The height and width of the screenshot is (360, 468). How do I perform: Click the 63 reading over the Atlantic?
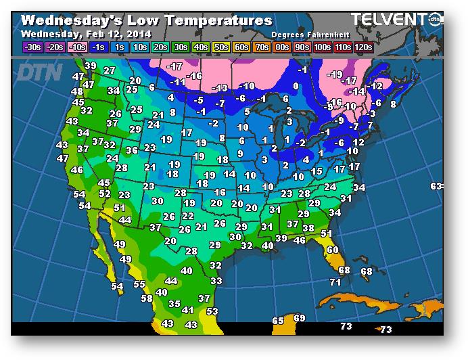pos(436,186)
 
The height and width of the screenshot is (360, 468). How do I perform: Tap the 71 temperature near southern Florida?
pos(335,282)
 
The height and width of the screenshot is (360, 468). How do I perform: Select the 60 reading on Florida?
pos(332,250)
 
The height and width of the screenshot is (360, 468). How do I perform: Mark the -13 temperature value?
pos(220,88)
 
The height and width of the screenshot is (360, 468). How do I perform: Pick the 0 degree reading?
pos(296,86)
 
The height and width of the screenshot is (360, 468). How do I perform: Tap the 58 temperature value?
pos(146,298)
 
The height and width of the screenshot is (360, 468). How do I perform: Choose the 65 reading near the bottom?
pos(278,320)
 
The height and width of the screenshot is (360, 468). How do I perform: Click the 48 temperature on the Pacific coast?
pos(77,91)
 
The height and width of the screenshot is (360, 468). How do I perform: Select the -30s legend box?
pos(32,47)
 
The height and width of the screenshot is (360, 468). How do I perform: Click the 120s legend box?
pos(363,47)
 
